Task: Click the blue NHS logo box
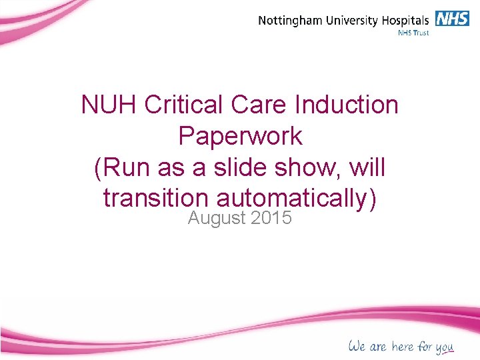(453, 18)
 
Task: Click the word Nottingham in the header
(291, 20)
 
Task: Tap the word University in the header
(355, 20)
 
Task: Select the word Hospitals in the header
(408, 20)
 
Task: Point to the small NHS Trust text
(413, 32)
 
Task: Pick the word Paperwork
(240, 136)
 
